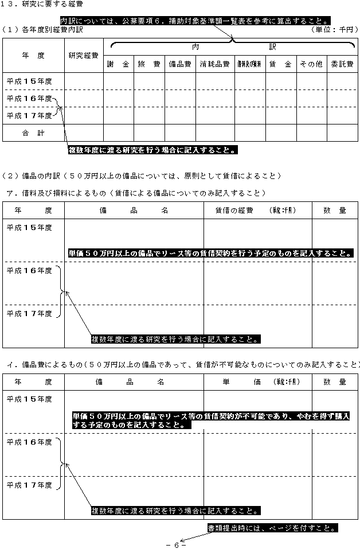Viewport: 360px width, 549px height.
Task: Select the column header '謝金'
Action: pos(118,64)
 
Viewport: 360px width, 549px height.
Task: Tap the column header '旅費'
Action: pos(149,64)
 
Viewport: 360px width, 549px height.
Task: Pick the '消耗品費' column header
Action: pos(214,64)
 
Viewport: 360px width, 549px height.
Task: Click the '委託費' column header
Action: pos(342,64)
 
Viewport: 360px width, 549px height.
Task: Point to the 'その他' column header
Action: pos(311,64)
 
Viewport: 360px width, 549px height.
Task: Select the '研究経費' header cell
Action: pos(83,56)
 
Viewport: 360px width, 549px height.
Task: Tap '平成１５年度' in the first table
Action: pos(29,81)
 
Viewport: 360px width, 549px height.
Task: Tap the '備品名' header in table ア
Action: pos(134,211)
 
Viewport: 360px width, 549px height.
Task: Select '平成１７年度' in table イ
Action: pos(29,485)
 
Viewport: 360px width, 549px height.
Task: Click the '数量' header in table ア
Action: pos(335,211)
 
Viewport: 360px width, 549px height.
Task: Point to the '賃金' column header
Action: pos(280,64)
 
